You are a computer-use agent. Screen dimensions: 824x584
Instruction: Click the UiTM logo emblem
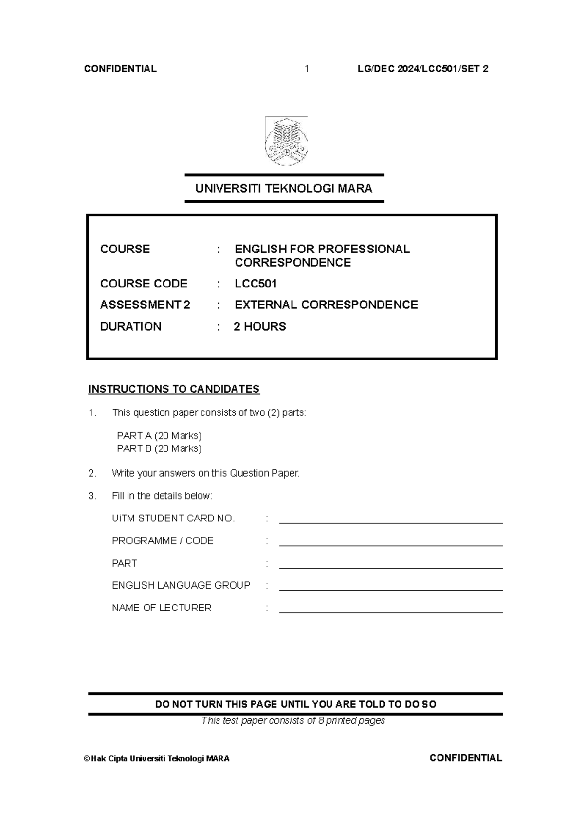click(286, 142)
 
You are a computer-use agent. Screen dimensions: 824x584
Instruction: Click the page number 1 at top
click(307, 69)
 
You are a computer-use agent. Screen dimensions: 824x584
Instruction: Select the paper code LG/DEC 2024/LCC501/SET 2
click(422, 69)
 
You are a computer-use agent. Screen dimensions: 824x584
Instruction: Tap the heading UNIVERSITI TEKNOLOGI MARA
click(284, 189)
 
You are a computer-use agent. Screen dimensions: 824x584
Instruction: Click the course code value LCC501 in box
click(255, 284)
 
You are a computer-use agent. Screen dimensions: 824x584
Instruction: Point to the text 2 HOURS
click(260, 326)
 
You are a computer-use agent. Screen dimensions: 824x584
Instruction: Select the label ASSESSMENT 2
click(145, 305)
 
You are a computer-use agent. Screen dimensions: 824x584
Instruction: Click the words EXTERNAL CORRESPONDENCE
click(326, 305)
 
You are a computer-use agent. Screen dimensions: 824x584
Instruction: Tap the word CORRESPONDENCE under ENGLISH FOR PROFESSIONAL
click(292, 263)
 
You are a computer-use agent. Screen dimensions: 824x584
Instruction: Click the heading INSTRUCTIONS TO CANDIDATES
click(174, 389)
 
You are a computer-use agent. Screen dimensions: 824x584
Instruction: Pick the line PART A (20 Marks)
click(159, 436)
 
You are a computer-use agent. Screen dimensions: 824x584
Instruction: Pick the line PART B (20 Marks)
click(159, 448)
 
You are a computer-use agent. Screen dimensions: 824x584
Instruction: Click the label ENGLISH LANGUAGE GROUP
click(181, 585)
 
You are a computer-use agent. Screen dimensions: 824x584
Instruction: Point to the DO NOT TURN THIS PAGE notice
click(295, 704)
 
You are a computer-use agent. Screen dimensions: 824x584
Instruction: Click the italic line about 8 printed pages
click(293, 720)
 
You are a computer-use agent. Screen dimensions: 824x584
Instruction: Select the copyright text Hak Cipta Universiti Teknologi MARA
click(157, 759)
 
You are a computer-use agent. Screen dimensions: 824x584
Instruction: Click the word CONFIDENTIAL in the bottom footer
click(466, 758)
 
